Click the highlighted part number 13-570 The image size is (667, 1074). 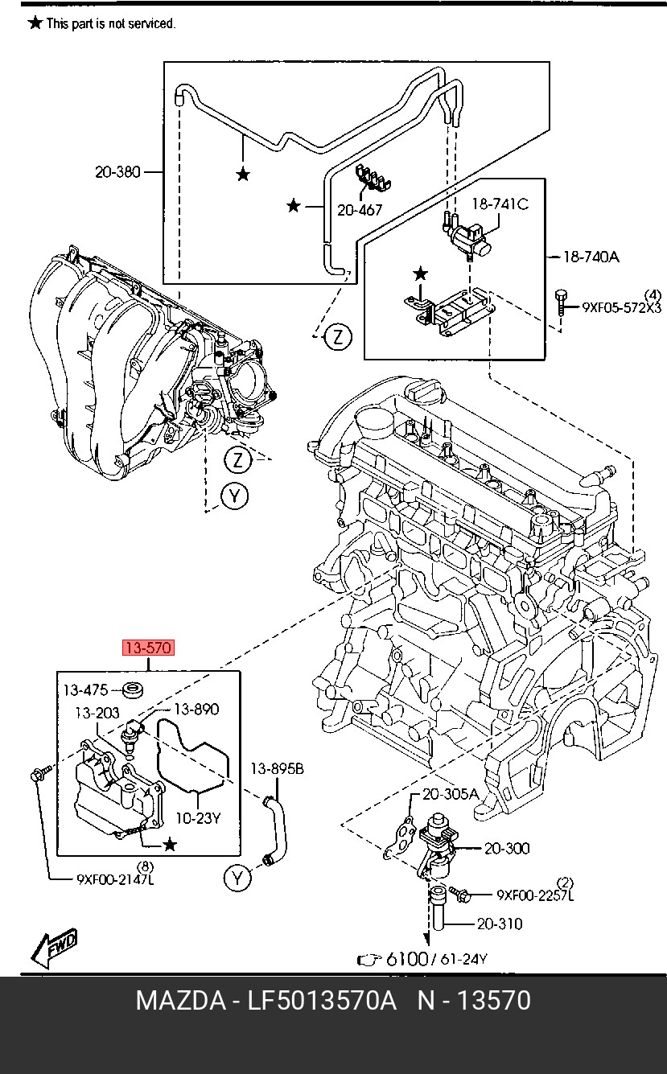[x=146, y=648]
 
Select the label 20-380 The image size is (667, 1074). [x=117, y=171]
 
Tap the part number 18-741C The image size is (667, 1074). [x=499, y=204]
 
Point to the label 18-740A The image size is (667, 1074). [x=591, y=257]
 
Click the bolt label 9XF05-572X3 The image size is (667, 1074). [x=621, y=307]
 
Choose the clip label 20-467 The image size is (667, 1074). [x=360, y=210]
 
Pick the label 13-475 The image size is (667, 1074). [x=85, y=690]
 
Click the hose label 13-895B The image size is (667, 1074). [x=276, y=769]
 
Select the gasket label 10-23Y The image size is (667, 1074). [x=197, y=818]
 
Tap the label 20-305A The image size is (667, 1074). [x=451, y=794]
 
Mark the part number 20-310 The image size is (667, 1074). [x=499, y=924]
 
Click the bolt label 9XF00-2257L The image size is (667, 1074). [x=535, y=895]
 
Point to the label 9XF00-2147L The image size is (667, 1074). [x=115, y=879]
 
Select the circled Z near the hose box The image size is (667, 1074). [x=338, y=337]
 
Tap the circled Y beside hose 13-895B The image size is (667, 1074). [x=237, y=879]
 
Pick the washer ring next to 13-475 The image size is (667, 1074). [x=133, y=689]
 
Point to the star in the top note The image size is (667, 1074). [x=35, y=23]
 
